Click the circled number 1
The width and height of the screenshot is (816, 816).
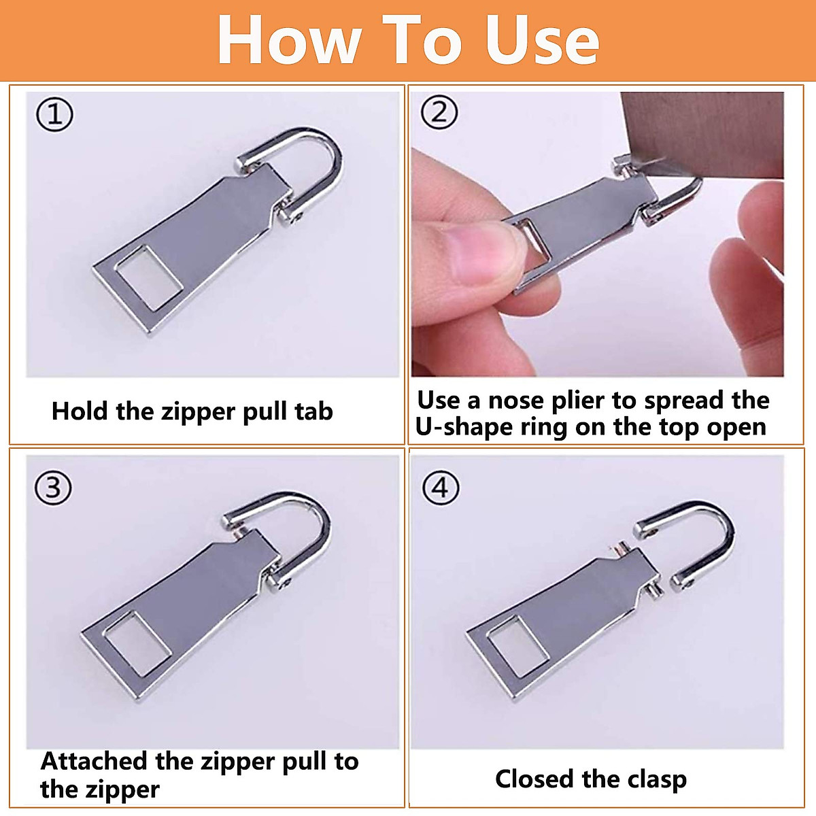pyautogui.click(x=54, y=115)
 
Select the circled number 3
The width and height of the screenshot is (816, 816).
pyautogui.click(x=53, y=488)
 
